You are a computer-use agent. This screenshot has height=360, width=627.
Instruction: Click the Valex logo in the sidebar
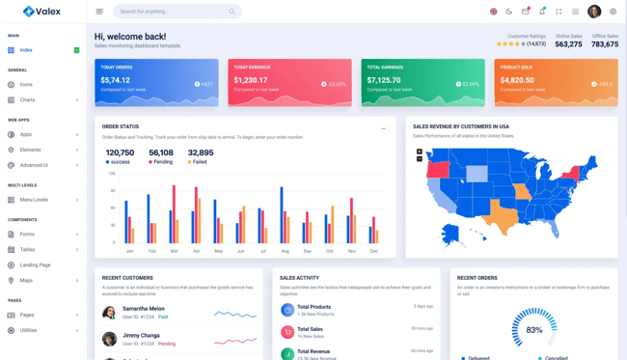click(41, 12)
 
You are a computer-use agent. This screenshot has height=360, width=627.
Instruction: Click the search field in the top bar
click(172, 12)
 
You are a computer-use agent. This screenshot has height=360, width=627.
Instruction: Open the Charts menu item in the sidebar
click(27, 99)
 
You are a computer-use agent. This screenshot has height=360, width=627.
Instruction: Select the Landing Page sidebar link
click(35, 264)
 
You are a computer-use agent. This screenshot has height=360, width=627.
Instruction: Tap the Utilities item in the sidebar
click(28, 330)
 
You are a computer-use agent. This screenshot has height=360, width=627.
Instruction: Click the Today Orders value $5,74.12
click(115, 81)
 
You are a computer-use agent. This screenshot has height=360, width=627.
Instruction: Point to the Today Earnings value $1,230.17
click(251, 81)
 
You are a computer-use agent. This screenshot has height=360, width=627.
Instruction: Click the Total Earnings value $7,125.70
click(384, 81)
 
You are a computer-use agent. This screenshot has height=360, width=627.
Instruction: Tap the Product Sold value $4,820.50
click(517, 81)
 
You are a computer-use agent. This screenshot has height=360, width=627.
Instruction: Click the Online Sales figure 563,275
click(568, 44)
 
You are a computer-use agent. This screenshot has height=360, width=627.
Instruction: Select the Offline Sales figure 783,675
click(605, 44)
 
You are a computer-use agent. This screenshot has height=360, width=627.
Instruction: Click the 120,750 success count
click(120, 152)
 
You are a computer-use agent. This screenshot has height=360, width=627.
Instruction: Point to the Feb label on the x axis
click(151, 251)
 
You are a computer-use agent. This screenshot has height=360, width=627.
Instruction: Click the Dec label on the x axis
click(373, 251)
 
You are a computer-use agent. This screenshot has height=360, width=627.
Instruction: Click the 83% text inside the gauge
click(534, 330)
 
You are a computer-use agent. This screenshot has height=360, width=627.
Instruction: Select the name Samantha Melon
click(143, 309)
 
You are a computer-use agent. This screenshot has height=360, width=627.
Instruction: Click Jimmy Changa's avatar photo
click(109, 339)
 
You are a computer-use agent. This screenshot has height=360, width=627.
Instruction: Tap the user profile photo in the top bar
click(594, 12)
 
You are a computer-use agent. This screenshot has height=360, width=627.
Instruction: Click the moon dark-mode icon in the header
click(509, 12)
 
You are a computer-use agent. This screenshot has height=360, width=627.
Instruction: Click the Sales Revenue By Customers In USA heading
click(460, 126)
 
